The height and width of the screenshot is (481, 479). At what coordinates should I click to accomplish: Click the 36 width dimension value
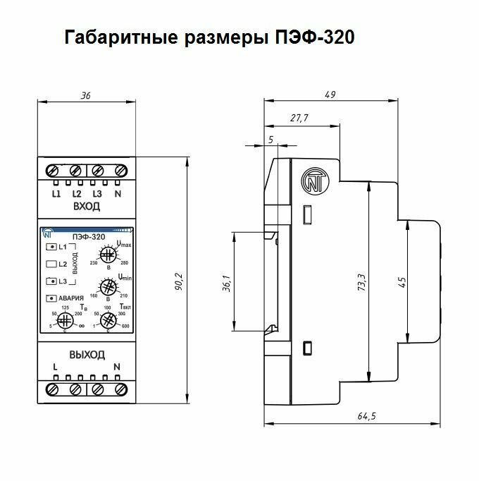[86, 96]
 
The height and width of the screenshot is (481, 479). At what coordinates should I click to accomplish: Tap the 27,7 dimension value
[299, 118]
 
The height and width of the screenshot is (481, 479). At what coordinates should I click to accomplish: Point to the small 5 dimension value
[271, 140]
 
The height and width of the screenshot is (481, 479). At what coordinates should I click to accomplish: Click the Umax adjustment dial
[108, 255]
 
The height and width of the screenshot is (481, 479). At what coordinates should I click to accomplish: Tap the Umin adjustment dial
[108, 288]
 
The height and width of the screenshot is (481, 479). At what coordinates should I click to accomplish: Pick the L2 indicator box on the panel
[51, 264]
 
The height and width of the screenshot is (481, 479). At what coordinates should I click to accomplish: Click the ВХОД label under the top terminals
[87, 206]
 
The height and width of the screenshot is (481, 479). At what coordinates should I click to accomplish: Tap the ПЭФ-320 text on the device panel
[88, 236]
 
